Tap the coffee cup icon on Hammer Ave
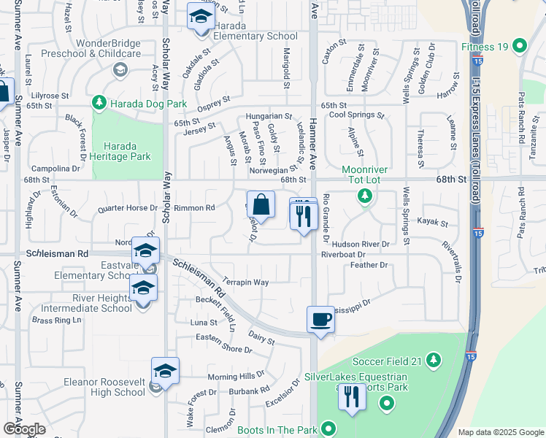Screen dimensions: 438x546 (320, 320)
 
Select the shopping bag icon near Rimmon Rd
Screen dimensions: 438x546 (261, 206)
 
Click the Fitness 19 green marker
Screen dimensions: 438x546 (520, 47)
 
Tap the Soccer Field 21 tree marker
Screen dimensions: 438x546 (434, 361)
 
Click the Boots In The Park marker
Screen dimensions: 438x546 (329, 429)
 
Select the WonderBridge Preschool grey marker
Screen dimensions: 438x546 (120, 69)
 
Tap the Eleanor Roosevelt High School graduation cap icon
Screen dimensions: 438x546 (166, 372)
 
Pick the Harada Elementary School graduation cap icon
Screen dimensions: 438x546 (199, 18)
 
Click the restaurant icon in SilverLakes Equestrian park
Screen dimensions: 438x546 (352, 397)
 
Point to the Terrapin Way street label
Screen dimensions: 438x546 (246, 282)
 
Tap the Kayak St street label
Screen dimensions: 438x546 (433, 221)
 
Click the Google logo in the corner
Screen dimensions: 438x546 (24, 429)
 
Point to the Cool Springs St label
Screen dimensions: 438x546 (356, 115)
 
